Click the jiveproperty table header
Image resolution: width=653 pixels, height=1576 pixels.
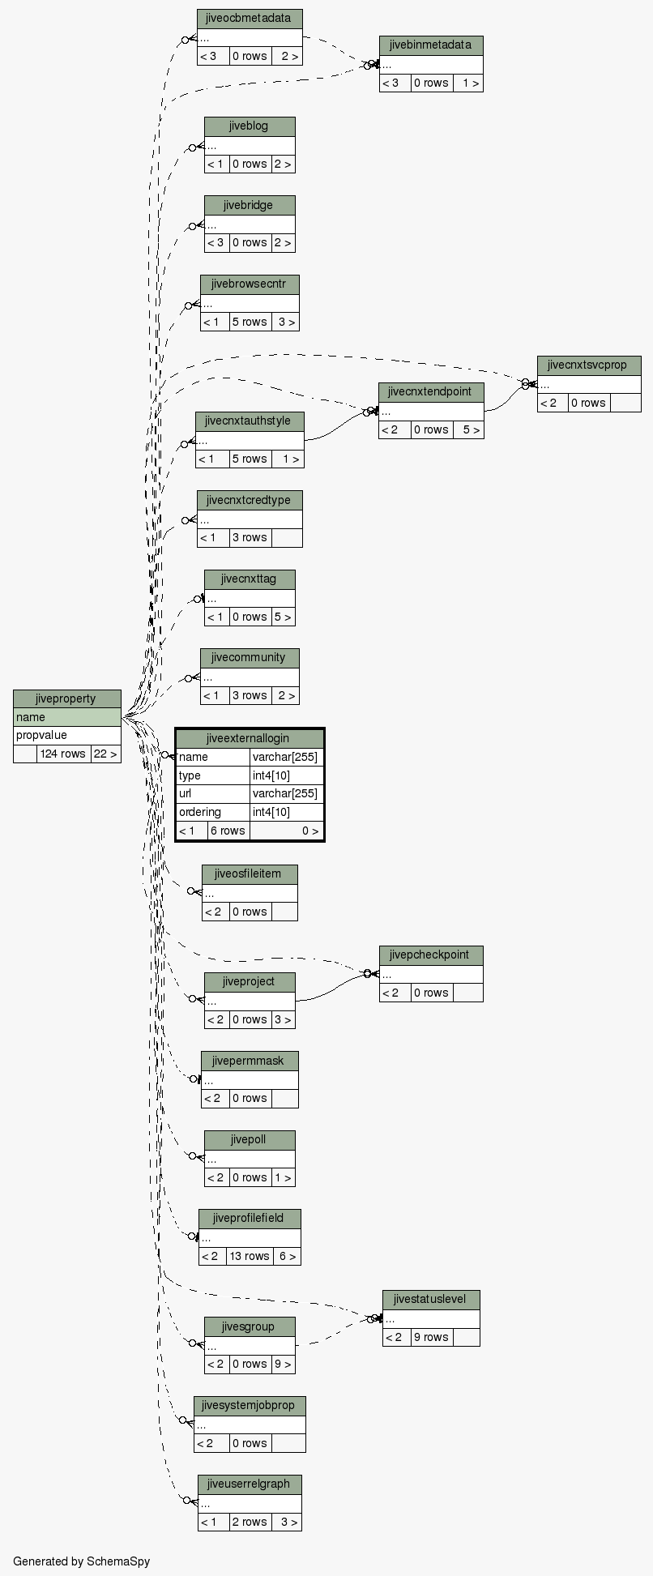66,698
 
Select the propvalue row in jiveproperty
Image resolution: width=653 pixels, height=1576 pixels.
66,735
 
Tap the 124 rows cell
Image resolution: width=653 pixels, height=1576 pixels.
63,754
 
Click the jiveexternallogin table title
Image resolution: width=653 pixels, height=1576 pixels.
250,738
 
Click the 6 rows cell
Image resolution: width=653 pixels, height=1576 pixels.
228,831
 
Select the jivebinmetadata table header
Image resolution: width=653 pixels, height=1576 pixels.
430,45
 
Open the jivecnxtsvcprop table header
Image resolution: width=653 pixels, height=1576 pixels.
588,365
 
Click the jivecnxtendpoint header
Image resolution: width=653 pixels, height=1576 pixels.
430,391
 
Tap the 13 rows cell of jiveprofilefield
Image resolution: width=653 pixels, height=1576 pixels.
249,1256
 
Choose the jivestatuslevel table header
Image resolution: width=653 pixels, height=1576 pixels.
430,1299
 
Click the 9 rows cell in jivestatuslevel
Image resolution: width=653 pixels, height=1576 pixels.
431,1337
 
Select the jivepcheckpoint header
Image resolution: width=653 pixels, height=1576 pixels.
430,955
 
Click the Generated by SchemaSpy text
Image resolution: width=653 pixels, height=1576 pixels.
81,1561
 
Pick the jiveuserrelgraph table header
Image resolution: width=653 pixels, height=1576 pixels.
249,1484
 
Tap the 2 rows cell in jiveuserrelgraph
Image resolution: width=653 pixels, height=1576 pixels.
250,1522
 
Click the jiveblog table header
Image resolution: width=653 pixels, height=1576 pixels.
249,126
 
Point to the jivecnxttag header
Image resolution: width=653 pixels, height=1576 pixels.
249,579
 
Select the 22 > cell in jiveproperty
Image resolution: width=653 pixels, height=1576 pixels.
105,754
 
